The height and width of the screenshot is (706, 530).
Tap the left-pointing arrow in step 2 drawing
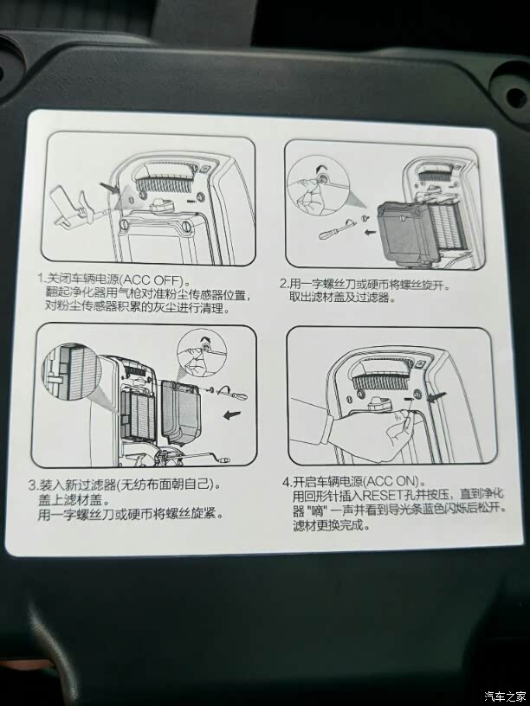click(370, 233)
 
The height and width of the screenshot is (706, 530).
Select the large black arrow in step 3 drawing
click(232, 414)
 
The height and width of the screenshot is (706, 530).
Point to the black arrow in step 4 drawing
click(437, 396)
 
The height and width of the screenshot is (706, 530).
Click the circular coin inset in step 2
click(317, 185)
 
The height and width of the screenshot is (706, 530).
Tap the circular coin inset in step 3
click(202, 356)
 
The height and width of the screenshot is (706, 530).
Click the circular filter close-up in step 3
click(72, 373)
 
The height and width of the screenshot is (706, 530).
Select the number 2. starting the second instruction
click(283, 284)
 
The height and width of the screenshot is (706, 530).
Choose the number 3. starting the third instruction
click(33, 485)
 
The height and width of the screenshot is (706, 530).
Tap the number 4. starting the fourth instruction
click(288, 482)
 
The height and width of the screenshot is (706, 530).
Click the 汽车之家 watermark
click(505, 696)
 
